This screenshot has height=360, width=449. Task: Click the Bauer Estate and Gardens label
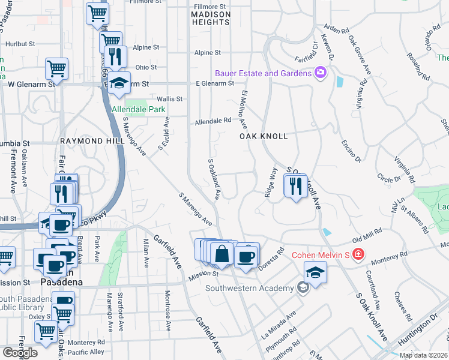pyautogui.click(x=264, y=73)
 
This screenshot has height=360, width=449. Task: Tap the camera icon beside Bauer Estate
pyautogui.click(x=321, y=73)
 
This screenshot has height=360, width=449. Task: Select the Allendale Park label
pyautogui.click(x=139, y=110)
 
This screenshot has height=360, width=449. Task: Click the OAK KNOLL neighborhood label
pyautogui.click(x=264, y=136)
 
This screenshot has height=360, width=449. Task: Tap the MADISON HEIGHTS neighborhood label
pyautogui.click(x=211, y=18)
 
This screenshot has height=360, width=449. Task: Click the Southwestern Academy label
pyautogui.click(x=251, y=288)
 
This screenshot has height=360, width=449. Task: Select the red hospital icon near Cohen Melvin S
pyautogui.click(x=358, y=254)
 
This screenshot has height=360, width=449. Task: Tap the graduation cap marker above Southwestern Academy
pyautogui.click(x=315, y=273)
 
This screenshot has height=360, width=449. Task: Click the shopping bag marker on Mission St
pyautogui.click(x=222, y=254)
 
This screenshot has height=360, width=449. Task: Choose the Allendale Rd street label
pyautogui.click(x=212, y=121)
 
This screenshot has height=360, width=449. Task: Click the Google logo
pyautogui.click(x=20, y=353)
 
